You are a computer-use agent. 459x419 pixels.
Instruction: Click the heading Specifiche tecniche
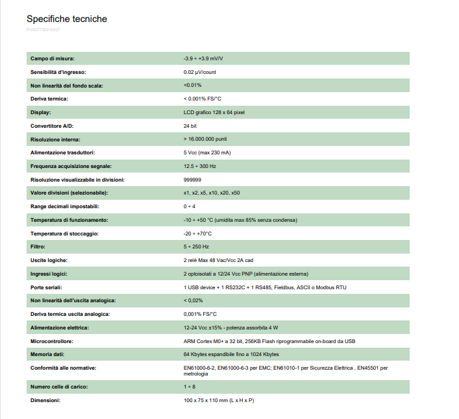pos(67,19)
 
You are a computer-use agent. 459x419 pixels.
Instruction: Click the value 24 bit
pos(190,126)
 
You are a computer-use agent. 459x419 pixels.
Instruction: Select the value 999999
pos(192,180)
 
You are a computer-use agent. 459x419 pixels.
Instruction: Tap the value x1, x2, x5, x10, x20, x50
pos(212,193)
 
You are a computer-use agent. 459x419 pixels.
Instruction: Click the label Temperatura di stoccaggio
pos(64,233)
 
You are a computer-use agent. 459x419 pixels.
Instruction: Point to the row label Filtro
pos(38,247)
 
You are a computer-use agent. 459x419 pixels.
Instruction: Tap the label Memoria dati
pos(51,354)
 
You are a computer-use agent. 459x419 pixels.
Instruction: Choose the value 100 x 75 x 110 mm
pos(219,401)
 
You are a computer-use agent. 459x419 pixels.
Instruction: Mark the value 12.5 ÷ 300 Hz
pos(201,166)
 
